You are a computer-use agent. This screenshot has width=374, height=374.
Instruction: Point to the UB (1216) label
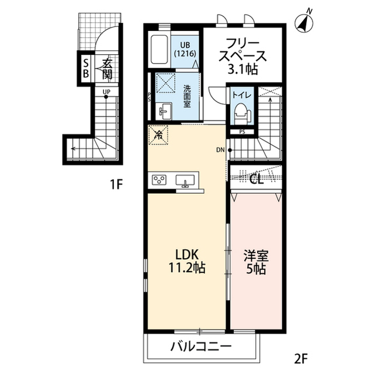186,47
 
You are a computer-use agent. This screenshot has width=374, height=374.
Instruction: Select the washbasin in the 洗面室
163,109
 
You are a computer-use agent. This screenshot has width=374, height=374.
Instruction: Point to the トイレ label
241,94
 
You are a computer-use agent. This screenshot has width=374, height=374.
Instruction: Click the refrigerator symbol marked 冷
158,135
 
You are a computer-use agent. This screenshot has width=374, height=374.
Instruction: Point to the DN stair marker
220,150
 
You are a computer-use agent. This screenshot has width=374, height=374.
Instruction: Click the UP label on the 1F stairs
106,92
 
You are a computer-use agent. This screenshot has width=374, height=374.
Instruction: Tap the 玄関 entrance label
106,68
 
